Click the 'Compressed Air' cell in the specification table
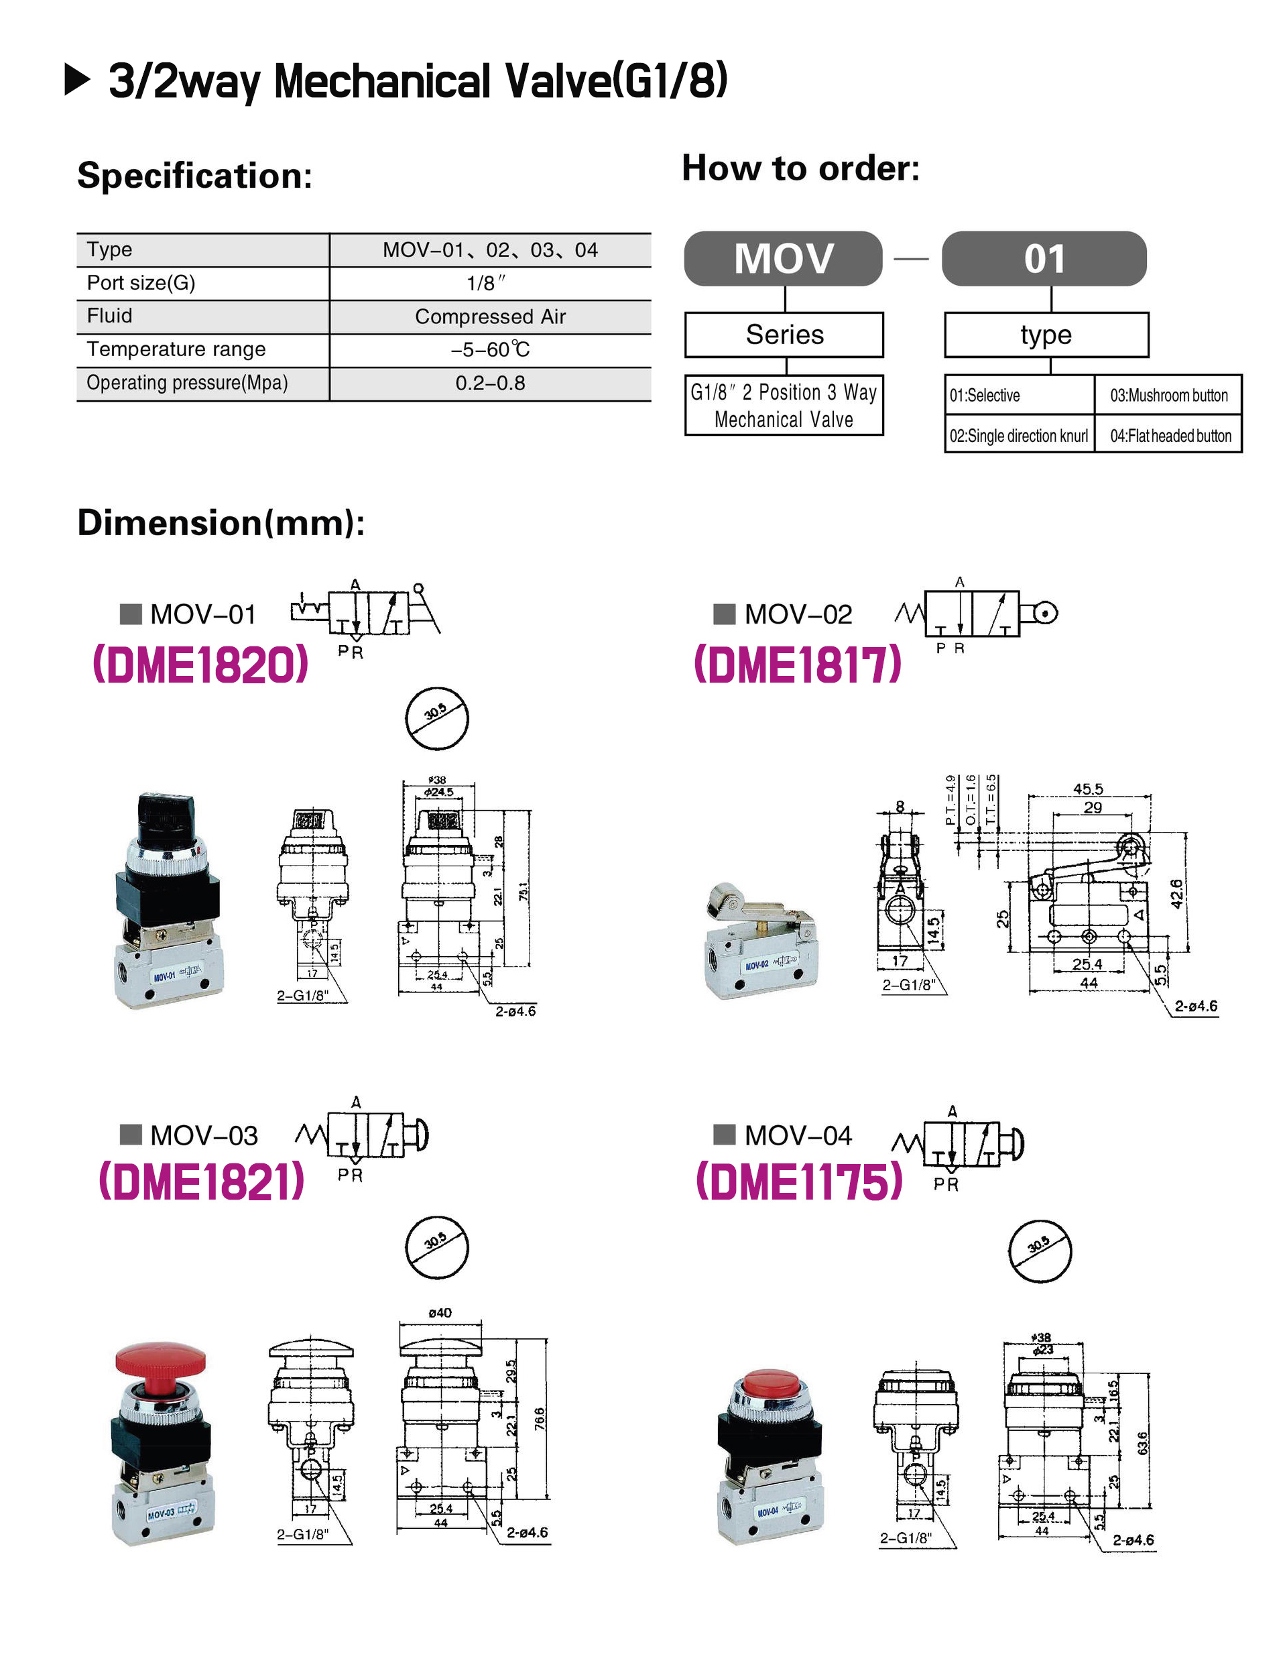click(x=490, y=316)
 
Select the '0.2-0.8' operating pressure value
click(x=490, y=383)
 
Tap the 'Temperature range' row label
click(x=176, y=349)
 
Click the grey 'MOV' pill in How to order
click(x=783, y=259)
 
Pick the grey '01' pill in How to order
click(x=1044, y=259)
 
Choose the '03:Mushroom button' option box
click(x=1168, y=396)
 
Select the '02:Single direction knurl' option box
click(x=1019, y=436)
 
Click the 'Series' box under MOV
click(x=784, y=335)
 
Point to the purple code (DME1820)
click(x=200, y=665)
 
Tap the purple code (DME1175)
click(x=799, y=1181)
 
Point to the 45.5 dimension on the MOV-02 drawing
click(x=1088, y=789)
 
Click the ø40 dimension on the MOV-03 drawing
click(x=440, y=1312)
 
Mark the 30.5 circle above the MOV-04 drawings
click(x=1040, y=1251)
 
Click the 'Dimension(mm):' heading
click(x=221, y=522)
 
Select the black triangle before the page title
click(x=77, y=80)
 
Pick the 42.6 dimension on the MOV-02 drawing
click(x=1176, y=893)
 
